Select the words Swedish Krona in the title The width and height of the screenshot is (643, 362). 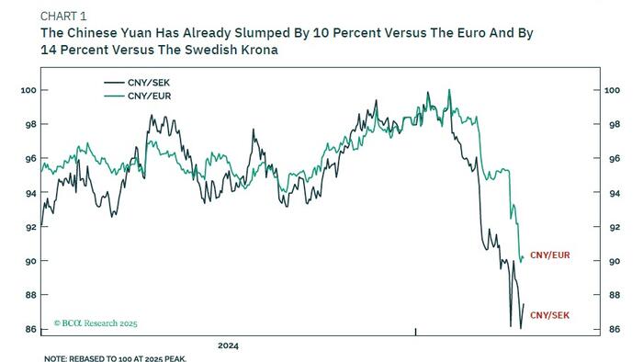pos(235,50)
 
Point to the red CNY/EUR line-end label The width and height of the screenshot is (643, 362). pos(551,255)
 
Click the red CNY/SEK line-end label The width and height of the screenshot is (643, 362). pos(550,315)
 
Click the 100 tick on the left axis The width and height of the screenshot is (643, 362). pos(27,90)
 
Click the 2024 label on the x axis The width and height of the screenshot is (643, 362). pos(228,346)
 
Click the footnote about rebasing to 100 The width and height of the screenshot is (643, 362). pos(115,358)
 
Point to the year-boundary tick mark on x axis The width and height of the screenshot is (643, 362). pos(416,331)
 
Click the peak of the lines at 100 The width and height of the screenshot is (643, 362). pos(448,90)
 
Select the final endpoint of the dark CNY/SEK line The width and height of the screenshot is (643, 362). pos(524,304)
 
